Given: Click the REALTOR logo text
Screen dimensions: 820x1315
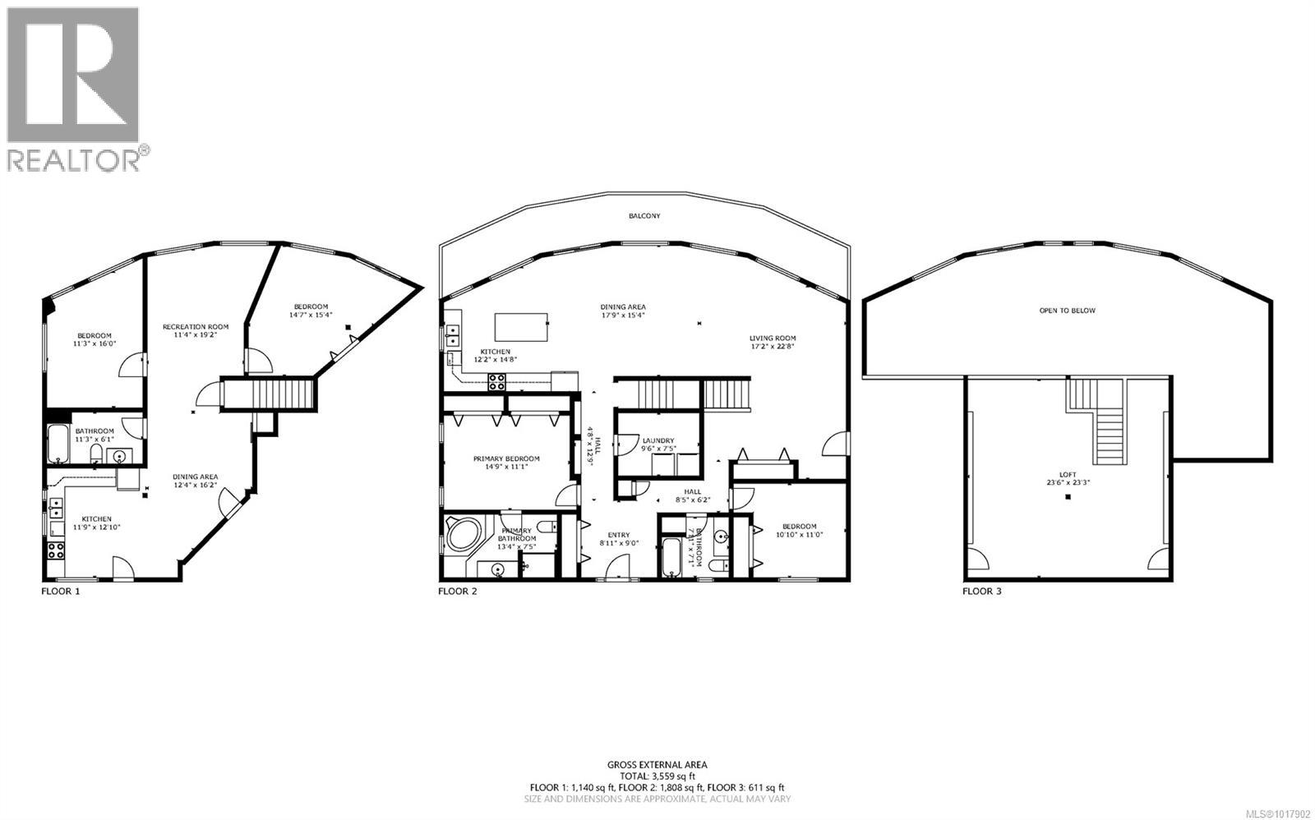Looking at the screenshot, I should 74,159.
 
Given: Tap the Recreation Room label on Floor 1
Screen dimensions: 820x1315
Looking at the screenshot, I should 195,326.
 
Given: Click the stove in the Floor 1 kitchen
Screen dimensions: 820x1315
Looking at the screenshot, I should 56,551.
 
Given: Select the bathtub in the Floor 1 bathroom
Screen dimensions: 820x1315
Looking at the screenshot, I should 59,445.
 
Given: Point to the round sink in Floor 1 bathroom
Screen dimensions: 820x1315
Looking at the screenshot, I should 120,457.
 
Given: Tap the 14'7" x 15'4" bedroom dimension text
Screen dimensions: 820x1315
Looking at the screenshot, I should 309,315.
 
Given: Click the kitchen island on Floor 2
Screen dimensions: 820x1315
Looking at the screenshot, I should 521,327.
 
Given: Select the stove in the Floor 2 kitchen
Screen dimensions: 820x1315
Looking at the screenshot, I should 497,382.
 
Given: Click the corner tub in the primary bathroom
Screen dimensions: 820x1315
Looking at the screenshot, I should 465,535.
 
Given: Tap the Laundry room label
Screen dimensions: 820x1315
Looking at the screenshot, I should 658,440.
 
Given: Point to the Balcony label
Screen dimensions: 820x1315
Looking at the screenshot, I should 644,216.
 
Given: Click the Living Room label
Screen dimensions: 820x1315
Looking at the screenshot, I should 773,338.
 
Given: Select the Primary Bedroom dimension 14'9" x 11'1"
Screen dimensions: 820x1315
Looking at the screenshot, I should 505,468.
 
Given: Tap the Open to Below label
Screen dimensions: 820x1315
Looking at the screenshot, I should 1067,311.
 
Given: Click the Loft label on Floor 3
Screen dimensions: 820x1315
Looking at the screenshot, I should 1068,474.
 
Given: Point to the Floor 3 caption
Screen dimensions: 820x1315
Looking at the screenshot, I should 982,591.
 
